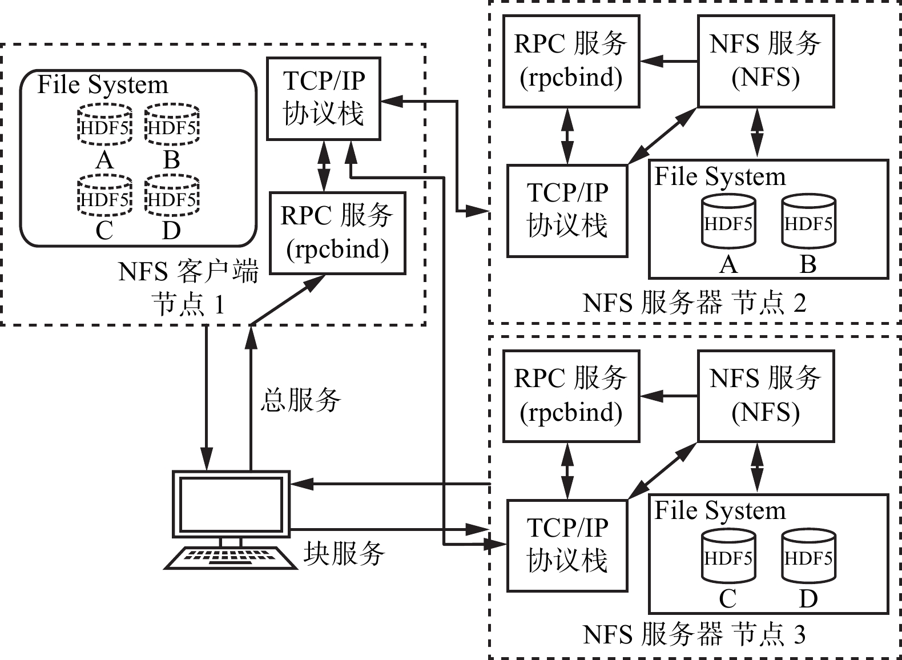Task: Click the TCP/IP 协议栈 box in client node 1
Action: (x=324, y=98)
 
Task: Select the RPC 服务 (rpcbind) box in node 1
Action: (x=337, y=233)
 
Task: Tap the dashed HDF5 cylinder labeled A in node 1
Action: (x=104, y=124)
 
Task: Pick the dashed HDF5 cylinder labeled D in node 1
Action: (x=172, y=197)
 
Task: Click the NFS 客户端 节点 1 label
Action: (x=188, y=288)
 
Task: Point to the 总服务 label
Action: (x=301, y=400)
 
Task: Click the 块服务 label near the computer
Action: (x=344, y=553)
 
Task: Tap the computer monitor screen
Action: (x=231, y=504)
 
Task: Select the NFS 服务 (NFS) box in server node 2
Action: (x=766, y=61)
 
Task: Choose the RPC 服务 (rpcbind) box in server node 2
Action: (x=571, y=61)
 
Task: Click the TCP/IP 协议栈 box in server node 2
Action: (x=567, y=211)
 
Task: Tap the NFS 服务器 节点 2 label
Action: (x=694, y=303)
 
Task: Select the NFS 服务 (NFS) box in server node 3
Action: (x=766, y=396)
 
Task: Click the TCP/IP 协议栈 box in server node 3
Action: (x=567, y=545)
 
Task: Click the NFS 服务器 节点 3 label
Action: (x=694, y=635)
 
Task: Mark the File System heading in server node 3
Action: (x=720, y=510)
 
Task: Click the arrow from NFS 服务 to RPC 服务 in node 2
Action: (x=669, y=61)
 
